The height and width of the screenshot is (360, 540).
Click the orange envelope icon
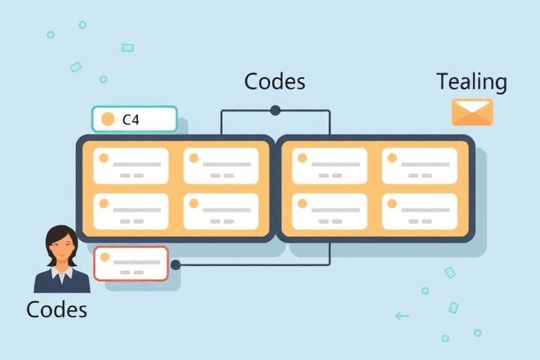click(x=472, y=112)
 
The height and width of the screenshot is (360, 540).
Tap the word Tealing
click(x=471, y=82)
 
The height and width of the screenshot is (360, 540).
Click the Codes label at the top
click(x=274, y=82)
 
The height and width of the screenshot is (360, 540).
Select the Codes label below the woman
click(x=56, y=309)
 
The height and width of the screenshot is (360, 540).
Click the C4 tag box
click(x=134, y=120)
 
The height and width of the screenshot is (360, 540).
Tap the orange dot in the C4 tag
click(x=108, y=120)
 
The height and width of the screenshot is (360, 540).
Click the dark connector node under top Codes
click(x=275, y=110)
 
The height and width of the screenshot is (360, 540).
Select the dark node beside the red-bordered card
click(x=176, y=265)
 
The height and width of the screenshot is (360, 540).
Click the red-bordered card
click(x=131, y=264)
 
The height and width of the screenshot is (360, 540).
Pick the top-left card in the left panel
click(x=131, y=166)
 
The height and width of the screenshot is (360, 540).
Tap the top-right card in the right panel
click(x=419, y=166)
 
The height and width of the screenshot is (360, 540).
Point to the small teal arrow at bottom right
click(x=402, y=316)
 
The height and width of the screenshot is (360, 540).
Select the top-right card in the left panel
click(x=221, y=166)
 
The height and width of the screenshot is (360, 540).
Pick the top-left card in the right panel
click(x=329, y=166)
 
